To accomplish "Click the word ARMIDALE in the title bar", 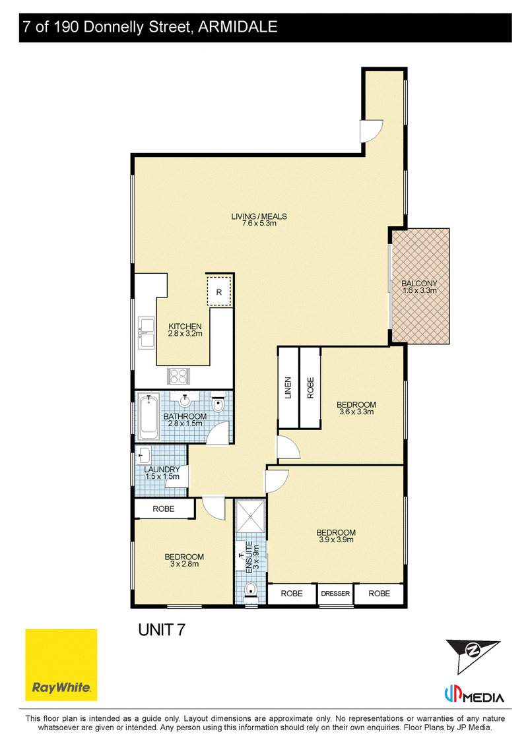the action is point(238,26).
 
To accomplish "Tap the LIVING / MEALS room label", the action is point(259,216).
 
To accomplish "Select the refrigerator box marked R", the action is point(219,292).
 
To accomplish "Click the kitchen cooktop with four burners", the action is point(179,377).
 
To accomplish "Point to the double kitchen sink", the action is point(146,332).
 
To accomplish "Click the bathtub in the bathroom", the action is point(149,418).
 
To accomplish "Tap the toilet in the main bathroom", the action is point(218,404).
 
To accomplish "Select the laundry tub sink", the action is point(143,455).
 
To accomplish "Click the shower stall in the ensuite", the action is point(250,516).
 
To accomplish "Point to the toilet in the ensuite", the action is point(250,590).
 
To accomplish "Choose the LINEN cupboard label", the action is point(288,387).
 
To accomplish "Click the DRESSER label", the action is point(335,593).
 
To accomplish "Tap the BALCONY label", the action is point(419,284).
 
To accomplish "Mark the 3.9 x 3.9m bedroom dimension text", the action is point(336,540).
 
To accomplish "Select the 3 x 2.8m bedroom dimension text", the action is point(184,564).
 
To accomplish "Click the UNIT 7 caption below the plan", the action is point(162,630).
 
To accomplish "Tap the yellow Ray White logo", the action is point(61,665).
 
